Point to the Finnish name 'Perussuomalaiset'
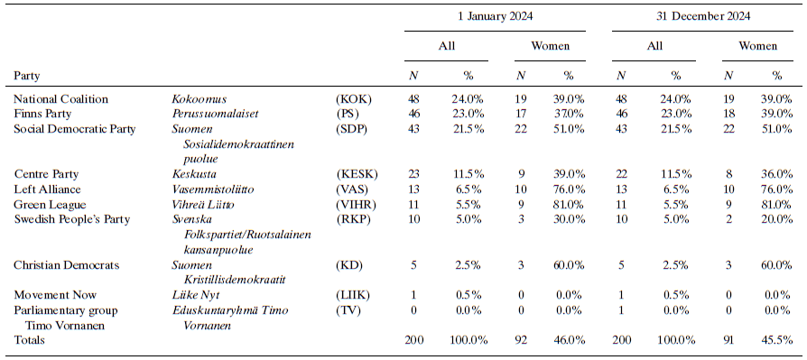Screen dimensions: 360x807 click(x=213, y=114)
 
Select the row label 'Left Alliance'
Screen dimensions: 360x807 click(x=48, y=189)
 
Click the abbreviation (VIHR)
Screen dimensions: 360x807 click(x=356, y=204)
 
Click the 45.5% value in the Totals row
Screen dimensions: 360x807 click(x=776, y=340)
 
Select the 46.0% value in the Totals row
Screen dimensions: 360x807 click(x=569, y=340)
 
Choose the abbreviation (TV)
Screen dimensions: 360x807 click(x=348, y=309)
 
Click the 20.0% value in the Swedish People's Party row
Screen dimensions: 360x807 click(x=776, y=219)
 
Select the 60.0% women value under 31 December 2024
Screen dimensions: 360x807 click(x=776, y=264)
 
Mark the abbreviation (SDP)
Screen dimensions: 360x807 click(x=352, y=129)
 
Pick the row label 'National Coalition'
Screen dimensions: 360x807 click(x=61, y=98)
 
